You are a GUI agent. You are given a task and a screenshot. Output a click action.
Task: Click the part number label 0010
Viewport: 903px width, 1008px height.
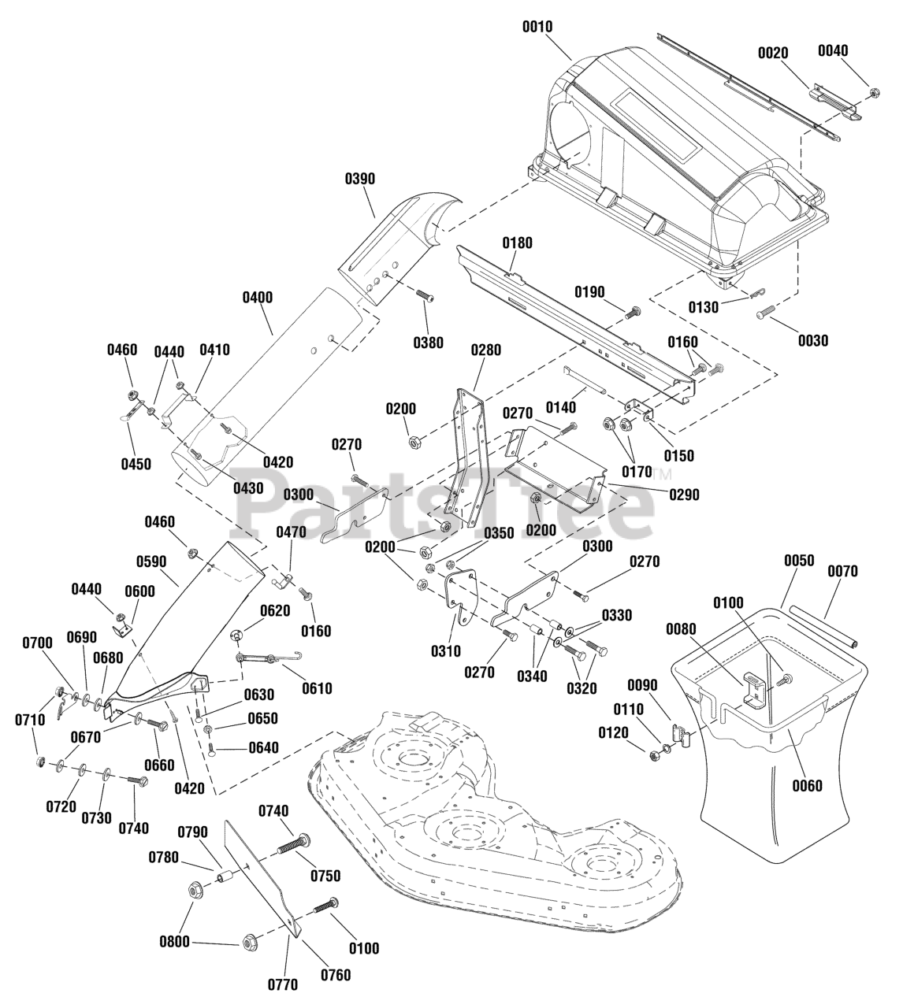click(537, 26)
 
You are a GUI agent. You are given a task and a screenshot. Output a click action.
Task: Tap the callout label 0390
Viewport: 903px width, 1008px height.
click(360, 179)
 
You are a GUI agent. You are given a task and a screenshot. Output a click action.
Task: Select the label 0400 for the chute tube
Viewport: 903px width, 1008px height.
click(258, 298)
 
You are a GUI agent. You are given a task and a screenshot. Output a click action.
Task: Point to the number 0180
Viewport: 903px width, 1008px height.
click(517, 243)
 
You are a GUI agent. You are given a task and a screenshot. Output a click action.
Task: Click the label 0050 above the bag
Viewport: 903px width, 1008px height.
click(799, 560)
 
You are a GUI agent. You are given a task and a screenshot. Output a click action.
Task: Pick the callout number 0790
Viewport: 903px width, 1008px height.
click(192, 832)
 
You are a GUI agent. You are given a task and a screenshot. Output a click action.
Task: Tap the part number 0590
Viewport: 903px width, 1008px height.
click(151, 561)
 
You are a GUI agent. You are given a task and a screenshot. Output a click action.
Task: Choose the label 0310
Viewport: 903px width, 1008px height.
click(446, 650)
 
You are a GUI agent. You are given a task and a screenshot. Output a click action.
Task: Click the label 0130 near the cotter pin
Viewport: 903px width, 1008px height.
click(704, 307)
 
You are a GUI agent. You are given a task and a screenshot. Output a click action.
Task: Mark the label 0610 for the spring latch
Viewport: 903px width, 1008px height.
click(317, 688)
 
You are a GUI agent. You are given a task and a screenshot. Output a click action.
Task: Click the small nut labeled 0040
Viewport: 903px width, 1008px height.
click(875, 92)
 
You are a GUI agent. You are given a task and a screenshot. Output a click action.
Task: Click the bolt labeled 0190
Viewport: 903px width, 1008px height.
click(633, 313)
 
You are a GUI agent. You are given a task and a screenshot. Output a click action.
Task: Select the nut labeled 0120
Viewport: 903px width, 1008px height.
click(653, 754)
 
